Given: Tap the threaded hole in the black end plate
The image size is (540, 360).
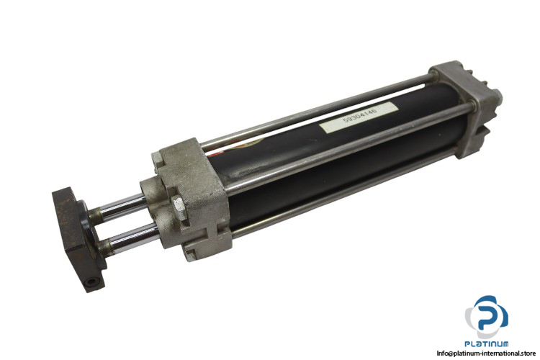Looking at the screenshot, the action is tap(91, 282).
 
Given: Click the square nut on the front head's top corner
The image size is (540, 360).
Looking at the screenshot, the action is tap(157, 162).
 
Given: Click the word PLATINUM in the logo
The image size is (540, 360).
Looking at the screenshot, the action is tap(486, 343).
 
